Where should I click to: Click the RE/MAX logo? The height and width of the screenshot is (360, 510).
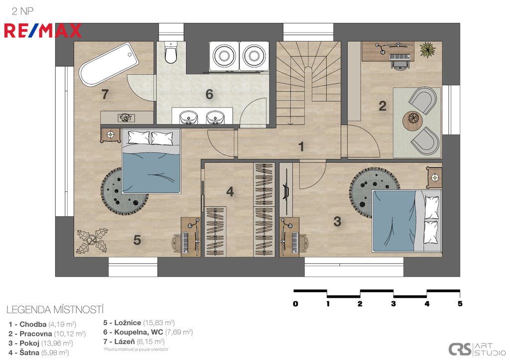(x=43, y=31)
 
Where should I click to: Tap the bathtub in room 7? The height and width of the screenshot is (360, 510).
(x=109, y=64)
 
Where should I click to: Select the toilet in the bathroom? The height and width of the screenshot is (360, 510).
(x=171, y=52)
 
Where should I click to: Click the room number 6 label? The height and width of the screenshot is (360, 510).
(x=209, y=94)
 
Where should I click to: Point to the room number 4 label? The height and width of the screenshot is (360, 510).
(x=230, y=192)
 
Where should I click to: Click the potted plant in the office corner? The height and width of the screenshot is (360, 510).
(x=428, y=50)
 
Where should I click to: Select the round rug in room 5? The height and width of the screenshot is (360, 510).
(x=124, y=191)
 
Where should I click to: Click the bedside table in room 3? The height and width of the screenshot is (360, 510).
(x=434, y=178)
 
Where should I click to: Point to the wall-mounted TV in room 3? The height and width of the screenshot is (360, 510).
(x=286, y=192)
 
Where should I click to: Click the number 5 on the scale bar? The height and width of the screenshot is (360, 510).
(x=460, y=304)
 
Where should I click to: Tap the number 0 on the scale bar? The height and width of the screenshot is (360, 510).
(x=295, y=304)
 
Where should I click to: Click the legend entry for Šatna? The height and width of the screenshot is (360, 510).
(x=39, y=353)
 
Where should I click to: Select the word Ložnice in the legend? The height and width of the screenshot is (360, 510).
(x=127, y=323)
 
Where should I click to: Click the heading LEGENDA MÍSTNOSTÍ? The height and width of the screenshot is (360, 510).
(x=55, y=310)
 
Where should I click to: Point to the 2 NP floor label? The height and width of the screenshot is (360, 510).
(x=22, y=11)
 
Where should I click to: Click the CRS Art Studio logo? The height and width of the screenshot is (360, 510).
(x=477, y=349)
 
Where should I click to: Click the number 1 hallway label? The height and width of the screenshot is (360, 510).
(x=301, y=147)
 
